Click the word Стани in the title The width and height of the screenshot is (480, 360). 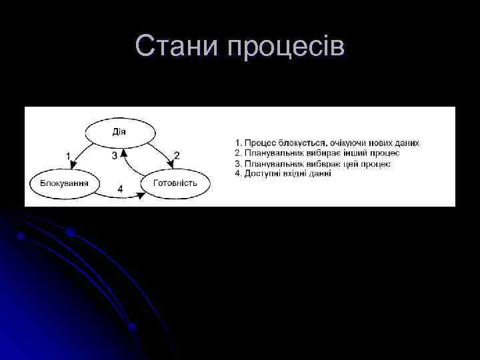pos(177,47)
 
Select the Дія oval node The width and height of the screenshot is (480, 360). pos(119,131)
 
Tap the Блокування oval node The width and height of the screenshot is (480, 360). pos(65,183)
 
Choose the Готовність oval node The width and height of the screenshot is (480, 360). pos(175,183)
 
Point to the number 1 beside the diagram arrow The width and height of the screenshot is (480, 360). pos(69,155)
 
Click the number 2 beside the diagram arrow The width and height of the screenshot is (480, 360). pos(177,155)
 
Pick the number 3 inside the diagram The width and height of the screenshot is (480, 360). pos(114,156)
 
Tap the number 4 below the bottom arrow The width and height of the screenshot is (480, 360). pos(120,189)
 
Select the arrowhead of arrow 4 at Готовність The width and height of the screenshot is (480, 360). pos(141,195)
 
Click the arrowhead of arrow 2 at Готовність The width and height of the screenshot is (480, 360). pos(167,167)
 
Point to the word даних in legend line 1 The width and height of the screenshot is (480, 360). pos(406,143)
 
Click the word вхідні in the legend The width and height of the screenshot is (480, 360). pos(294,174)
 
